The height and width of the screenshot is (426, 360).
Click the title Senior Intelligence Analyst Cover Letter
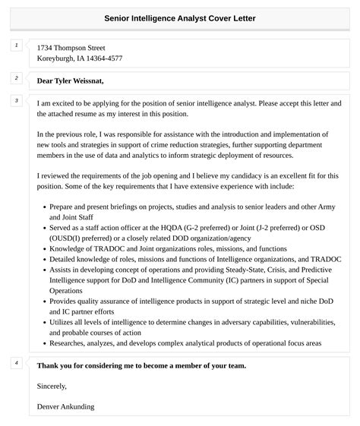pos(180,17)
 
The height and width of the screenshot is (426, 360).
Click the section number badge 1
pos(15,46)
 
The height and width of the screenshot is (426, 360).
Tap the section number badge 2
pos(15,78)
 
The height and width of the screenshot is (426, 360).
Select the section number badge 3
pos(15,100)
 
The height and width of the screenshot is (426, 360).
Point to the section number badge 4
pos(15,363)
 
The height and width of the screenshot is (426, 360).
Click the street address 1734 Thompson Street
pos(71,46)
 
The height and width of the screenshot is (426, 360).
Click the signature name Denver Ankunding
pos(65,406)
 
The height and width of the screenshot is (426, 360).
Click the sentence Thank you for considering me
pos(141,365)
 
